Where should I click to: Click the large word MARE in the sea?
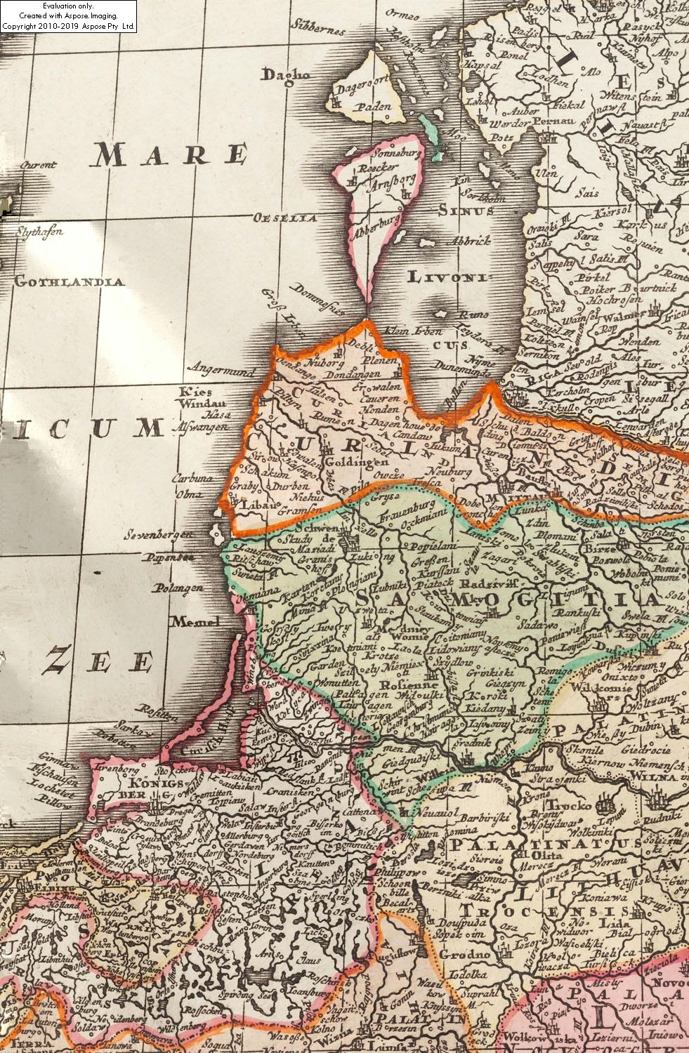coord(169,154)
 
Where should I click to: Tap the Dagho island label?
coord(286,74)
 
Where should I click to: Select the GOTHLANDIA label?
coord(69,282)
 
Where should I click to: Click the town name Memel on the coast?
coord(195,621)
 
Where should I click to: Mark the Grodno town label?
coord(464,955)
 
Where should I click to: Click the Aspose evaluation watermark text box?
coord(69,16)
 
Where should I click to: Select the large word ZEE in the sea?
coord(99,662)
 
